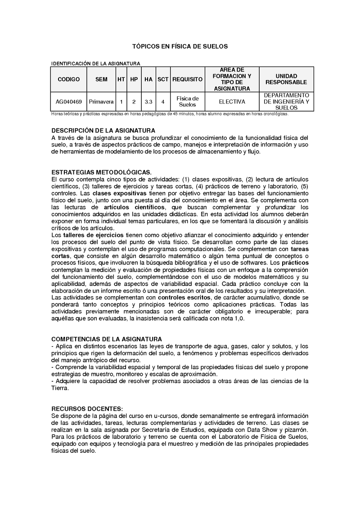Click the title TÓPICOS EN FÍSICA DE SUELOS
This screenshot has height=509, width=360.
point(180,46)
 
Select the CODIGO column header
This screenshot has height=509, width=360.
point(69,79)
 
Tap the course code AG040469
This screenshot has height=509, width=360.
point(69,102)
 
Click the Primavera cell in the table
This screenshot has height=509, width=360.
point(101,102)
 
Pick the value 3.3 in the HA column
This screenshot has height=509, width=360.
point(148,102)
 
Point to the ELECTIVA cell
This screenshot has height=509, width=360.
point(232,102)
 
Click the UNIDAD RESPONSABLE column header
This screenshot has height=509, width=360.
point(286,79)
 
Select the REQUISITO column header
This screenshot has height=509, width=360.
point(187,79)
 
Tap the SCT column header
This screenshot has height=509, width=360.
point(163,79)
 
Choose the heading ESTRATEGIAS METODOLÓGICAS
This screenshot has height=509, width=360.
point(102,172)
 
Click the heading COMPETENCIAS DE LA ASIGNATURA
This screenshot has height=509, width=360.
point(107,339)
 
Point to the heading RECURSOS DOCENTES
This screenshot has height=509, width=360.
point(87,408)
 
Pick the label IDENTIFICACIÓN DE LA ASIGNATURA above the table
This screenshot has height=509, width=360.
point(96,63)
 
